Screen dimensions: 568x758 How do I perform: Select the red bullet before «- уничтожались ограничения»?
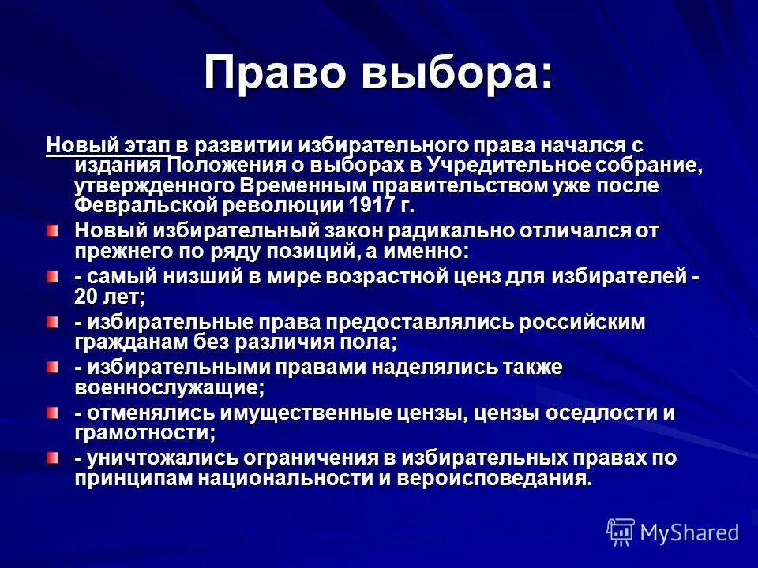[x=52, y=458]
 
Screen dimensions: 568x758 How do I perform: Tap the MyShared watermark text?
[x=689, y=532]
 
